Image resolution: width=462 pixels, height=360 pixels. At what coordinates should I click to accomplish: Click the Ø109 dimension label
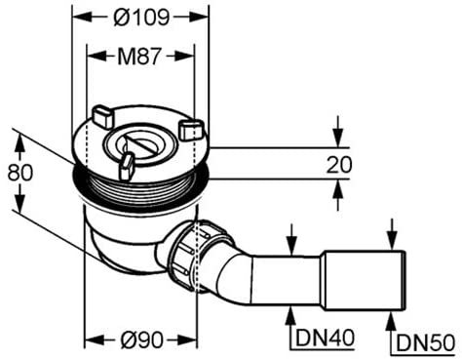click(x=141, y=17)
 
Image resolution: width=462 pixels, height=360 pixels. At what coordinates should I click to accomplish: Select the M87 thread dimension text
click(x=139, y=56)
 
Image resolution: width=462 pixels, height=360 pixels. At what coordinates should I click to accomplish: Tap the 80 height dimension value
click(x=20, y=172)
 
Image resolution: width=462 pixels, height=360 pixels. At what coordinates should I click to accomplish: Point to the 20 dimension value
click(x=339, y=165)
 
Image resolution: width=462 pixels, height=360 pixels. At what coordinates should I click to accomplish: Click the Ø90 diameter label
click(x=141, y=340)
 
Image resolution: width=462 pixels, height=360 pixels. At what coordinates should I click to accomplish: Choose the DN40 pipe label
click(x=325, y=338)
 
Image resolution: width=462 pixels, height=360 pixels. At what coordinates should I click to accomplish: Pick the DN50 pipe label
click(x=426, y=342)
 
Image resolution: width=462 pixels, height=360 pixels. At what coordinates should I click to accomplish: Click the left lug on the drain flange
click(x=103, y=116)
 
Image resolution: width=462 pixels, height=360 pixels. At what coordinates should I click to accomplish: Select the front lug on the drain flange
click(x=126, y=166)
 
